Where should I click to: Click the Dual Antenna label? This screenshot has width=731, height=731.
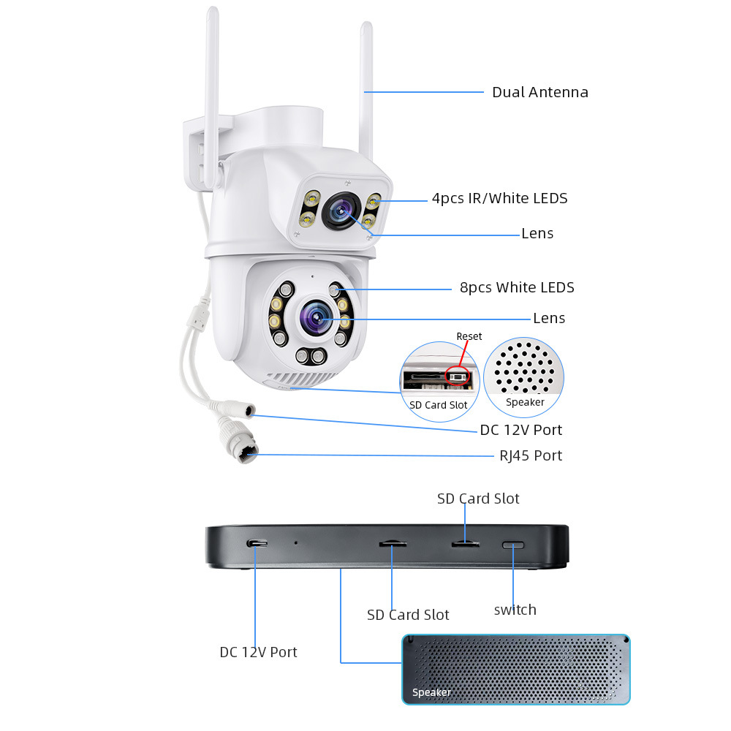point(540,92)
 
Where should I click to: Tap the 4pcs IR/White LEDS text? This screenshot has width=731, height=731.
point(499,198)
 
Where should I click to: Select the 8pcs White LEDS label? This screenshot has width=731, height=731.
point(517,287)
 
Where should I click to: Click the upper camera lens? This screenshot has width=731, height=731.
point(341,211)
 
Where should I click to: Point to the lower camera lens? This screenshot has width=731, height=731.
point(317,317)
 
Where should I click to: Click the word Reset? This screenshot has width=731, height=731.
point(469,336)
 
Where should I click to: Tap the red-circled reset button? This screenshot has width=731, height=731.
point(457,376)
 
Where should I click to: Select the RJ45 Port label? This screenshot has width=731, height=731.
point(531,455)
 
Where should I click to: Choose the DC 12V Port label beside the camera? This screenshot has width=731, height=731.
point(520,430)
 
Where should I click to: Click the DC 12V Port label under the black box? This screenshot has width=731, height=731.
point(258,652)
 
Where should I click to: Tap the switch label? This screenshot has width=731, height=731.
point(515,610)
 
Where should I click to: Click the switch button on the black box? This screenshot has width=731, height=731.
point(513,545)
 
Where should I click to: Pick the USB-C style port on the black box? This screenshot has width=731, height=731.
point(257,544)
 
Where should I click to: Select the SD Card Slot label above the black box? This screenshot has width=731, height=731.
point(478,499)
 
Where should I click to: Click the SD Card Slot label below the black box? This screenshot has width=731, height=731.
point(408,615)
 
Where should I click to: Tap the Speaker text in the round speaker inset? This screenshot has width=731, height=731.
point(525,402)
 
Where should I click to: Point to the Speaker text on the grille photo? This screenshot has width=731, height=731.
point(431,692)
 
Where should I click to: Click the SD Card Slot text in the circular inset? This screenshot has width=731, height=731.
point(438,405)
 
